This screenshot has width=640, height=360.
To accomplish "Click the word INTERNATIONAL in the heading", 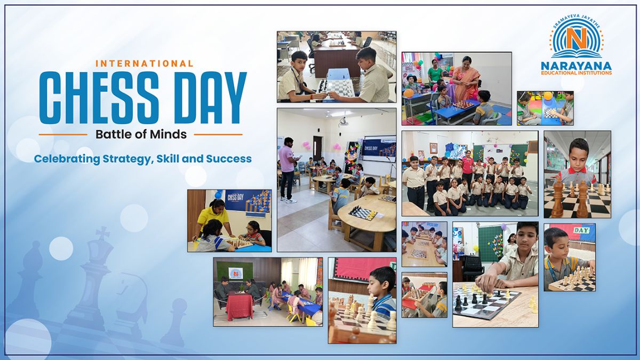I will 145,63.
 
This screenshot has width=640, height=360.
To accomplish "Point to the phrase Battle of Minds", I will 141,134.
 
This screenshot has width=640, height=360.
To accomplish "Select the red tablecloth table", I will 241,306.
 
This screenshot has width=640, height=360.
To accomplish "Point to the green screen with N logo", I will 235,273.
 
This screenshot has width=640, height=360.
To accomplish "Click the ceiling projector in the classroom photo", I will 344,121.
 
